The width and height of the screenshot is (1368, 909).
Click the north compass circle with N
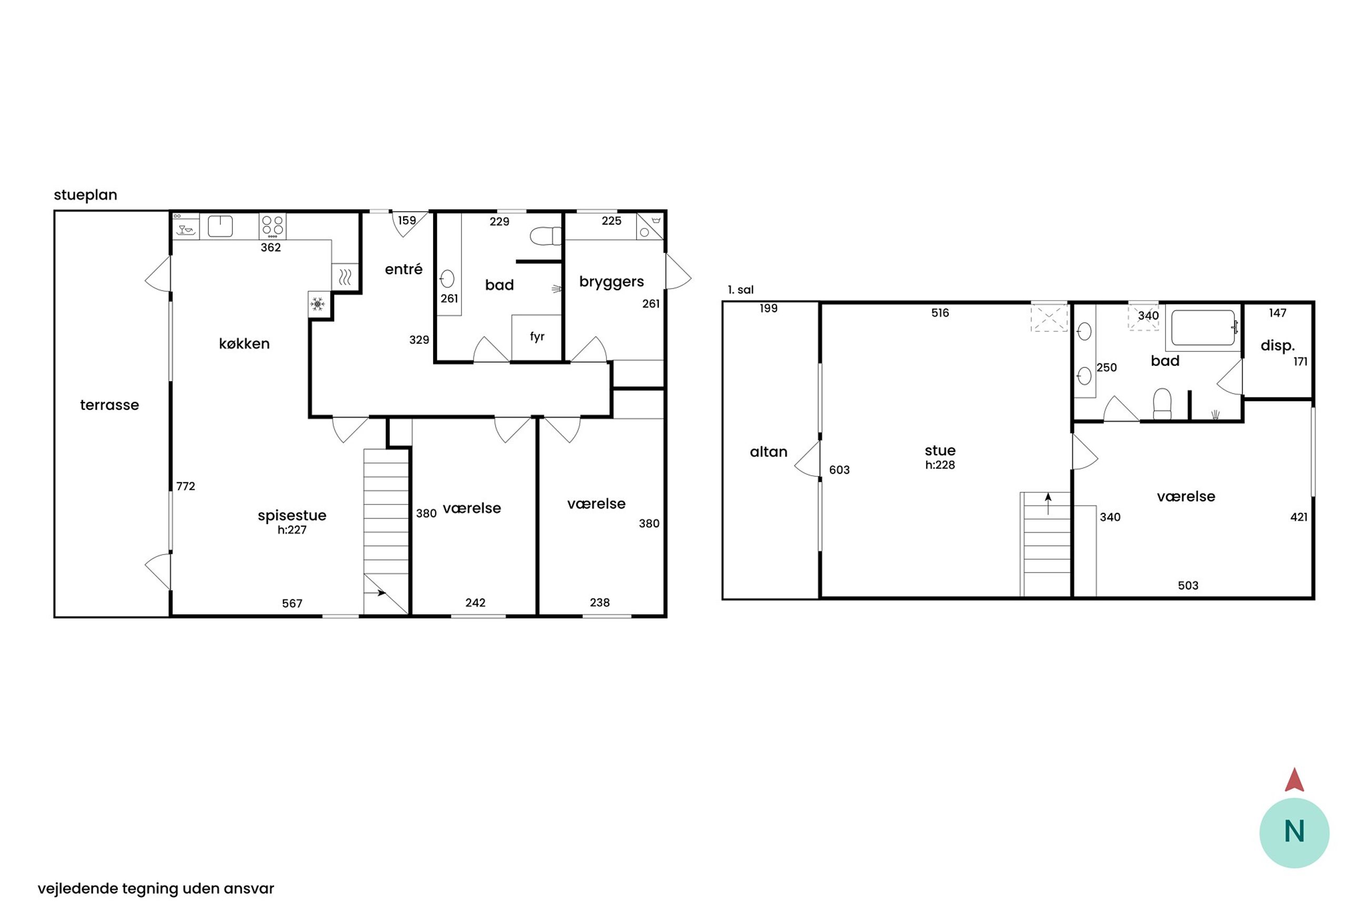tap(1294, 833)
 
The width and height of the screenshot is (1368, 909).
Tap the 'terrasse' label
tap(109, 405)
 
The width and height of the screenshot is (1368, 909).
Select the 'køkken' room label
tap(244, 344)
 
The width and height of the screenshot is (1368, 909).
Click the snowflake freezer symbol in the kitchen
tap(317, 304)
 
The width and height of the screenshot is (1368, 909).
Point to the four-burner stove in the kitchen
tap(271, 226)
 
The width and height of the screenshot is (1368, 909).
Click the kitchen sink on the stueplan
tap(220, 226)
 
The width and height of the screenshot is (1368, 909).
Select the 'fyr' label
tap(537, 336)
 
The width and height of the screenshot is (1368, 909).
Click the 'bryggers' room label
tap(611, 282)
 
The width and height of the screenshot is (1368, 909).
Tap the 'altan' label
tap(768, 452)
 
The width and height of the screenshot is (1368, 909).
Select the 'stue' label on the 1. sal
tap(940, 451)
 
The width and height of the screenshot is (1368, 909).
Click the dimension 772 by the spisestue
tap(185, 486)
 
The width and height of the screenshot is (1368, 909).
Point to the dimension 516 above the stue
tap(940, 313)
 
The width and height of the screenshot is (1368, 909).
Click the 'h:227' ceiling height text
tap(292, 530)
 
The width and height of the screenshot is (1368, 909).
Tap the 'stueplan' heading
tap(85, 195)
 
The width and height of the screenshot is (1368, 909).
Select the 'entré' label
tap(403, 269)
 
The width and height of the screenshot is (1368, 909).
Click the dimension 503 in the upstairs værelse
tap(1188, 585)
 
